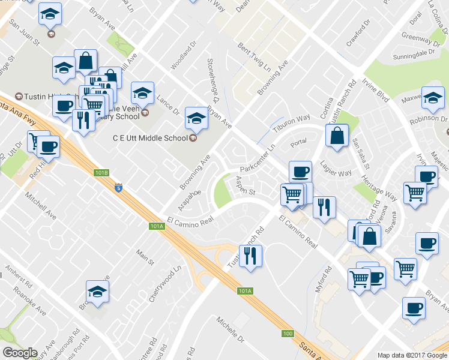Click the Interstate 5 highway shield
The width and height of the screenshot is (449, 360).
tap(118, 188)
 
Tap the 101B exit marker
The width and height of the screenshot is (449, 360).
tap(102, 173)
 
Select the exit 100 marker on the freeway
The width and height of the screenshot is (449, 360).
tap(288, 333)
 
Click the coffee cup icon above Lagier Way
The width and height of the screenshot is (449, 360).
tap(300, 171)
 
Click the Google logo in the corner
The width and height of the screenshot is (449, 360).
tap(20, 353)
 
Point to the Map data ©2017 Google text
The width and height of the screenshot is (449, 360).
tap(412, 355)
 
